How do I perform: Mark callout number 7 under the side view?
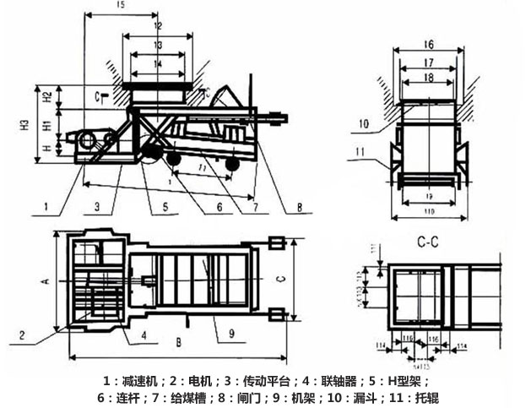point(255,205)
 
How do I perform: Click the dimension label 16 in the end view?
point(428,43)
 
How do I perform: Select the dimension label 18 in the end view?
point(428,77)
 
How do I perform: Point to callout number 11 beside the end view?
point(362,153)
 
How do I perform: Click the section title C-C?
point(430,242)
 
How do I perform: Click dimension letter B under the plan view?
point(177,343)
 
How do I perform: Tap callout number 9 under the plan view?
point(230,333)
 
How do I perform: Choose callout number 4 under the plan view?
point(144,335)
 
